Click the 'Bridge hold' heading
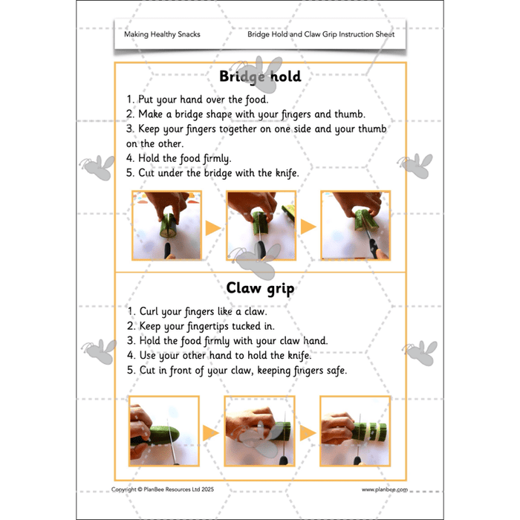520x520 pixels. point(259,76)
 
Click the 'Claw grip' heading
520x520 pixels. point(259,288)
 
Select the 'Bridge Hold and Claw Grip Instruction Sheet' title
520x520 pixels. point(321,34)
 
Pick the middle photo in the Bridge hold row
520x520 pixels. point(259,226)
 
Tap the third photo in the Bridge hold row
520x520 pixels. point(355,226)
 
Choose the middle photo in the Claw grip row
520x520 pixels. point(259,432)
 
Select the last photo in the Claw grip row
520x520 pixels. point(355,432)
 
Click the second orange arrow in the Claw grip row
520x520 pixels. point(307,433)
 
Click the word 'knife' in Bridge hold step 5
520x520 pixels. point(283,173)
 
